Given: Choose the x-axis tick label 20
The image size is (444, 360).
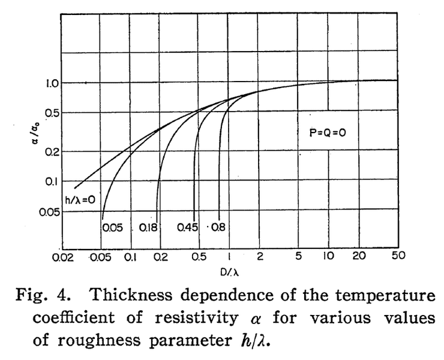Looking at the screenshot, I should point(359,256).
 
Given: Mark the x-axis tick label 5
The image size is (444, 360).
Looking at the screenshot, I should point(298,256).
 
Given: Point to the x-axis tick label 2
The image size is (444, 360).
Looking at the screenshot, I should point(260,256).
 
